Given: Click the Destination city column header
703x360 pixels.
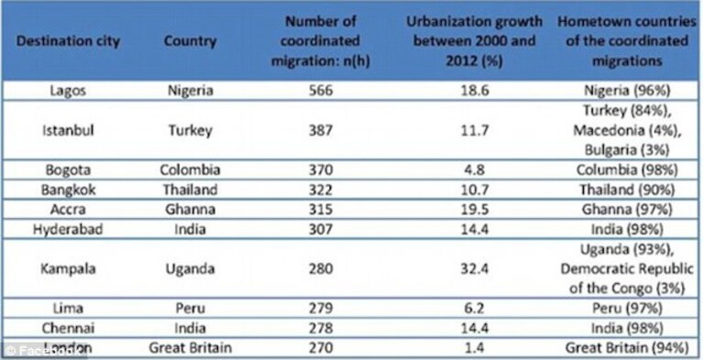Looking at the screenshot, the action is pyautogui.click(x=68, y=41).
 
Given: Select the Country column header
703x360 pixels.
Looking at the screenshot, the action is pyautogui.click(x=190, y=41).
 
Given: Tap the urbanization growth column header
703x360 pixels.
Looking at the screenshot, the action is pyautogui.click(x=475, y=41).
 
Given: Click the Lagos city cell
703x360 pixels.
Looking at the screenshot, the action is pyautogui.click(x=68, y=91).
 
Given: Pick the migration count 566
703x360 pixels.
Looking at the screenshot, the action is pyautogui.click(x=321, y=91).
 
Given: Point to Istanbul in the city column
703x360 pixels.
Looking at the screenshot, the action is pyautogui.click(x=68, y=130).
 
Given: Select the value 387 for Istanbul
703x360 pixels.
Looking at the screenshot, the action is pyautogui.click(x=321, y=130).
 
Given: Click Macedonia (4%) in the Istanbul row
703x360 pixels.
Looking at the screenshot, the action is pyautogui.click(x=627, y=130).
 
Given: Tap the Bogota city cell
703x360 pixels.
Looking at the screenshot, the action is pyautogui.click(x=68, y=169).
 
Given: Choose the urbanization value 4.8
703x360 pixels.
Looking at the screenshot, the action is pyautogui.click(x=475, y=169).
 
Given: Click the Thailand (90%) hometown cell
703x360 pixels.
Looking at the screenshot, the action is pyautogui.click(x=627, y=190).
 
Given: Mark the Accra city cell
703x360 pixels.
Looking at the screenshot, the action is pyautogui.click(x=68, y=210).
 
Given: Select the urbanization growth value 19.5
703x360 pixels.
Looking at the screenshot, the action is pyautogui.click(x=475, y=210).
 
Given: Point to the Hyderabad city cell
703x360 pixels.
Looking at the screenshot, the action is pyautogui.click(x=68, y=229).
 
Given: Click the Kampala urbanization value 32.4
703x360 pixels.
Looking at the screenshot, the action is pyautogui.click(x=475, y=269).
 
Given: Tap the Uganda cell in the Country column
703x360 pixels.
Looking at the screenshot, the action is pyautogui.click(x=190, y=269).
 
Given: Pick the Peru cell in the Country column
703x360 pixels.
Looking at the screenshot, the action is pyautogui.click(x=190, y=309).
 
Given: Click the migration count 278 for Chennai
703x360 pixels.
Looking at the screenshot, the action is pyautogui.click(x=321, y=328).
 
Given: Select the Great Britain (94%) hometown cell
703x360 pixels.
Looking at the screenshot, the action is pyautogui.click(x=627, y=348).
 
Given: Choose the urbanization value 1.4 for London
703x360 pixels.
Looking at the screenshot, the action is pyautogui.click(x=475, y=348).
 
